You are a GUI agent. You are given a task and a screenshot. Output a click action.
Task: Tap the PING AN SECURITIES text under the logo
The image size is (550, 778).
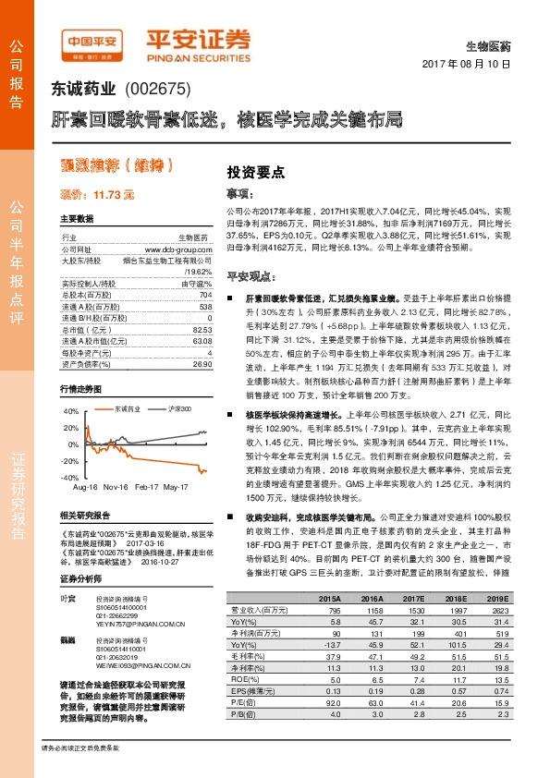click(197, 56)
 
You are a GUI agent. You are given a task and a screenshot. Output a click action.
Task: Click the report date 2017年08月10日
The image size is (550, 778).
click(472, 64)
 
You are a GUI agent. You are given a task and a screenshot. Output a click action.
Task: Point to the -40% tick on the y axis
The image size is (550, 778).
click(71, 478)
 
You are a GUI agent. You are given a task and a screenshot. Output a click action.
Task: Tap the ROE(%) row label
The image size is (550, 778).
click(243, 678)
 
